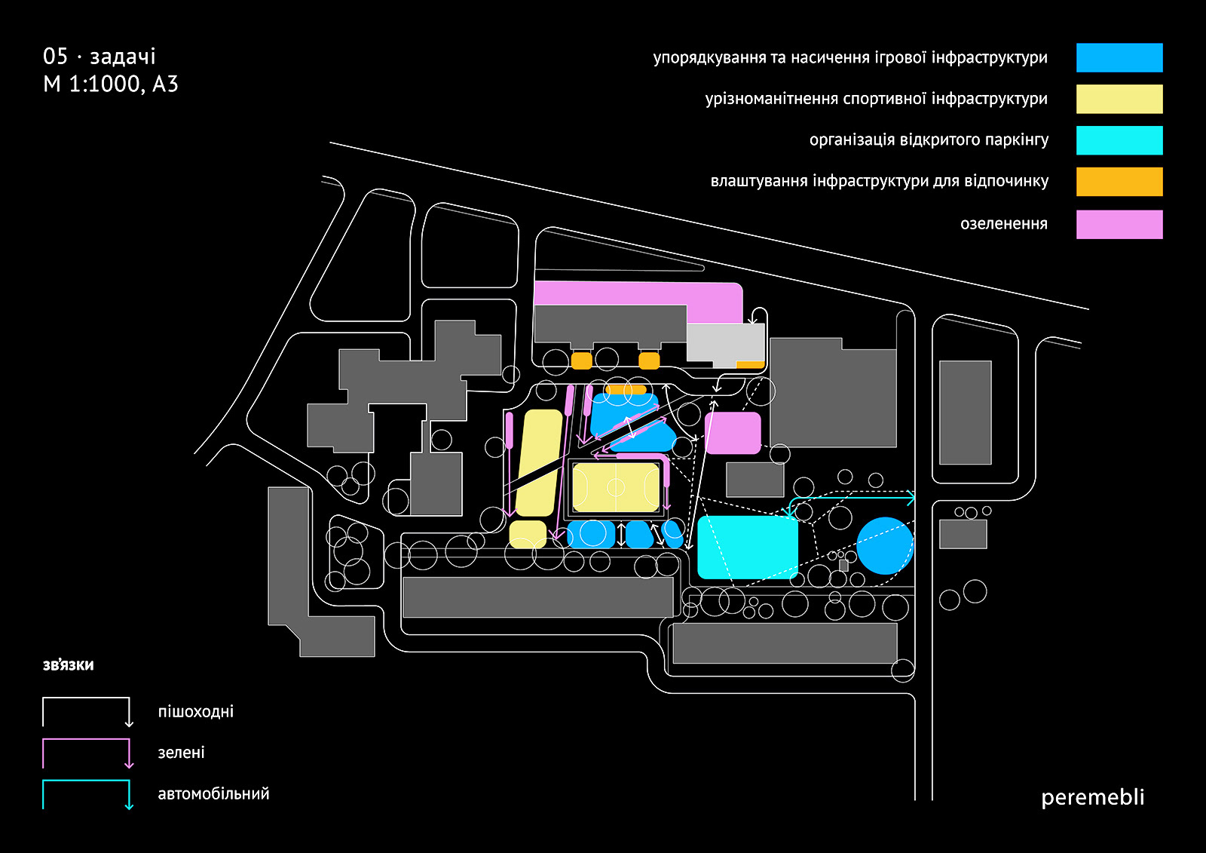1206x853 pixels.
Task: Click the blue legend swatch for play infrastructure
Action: pyautogui.click(x=1119, y=58)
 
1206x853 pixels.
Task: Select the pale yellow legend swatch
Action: pyautogui.click(x=1119, y=99)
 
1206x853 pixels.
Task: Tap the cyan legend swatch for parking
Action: pyautogui.click(x=1119, y=140)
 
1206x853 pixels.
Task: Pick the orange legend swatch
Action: pyautogui.click(x=1119, y=182)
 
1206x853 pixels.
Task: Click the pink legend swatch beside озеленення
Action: pyautogui.click(x=1119, y=225)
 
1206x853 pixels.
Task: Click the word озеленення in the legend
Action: pyautogui.click(x=1003, y=224)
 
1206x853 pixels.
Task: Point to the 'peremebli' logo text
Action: pyautogui.click(x=1092, y=797)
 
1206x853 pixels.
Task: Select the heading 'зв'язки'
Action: pyautogui.click(x=69, y=665)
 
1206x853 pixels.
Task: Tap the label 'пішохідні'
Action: pyautogui.click(x=196, y=712)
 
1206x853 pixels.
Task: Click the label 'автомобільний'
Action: pyautogui.click(x=213, y=794)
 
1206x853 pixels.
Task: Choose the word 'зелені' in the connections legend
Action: pyautogui.click(x=181, y=753)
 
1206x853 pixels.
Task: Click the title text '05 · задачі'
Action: pyautogui.click(x=99, y=57)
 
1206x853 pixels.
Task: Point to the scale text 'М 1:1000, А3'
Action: pyautogui.click(x=111, y=84)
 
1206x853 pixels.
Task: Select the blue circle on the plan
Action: pyautogui.click(x=885, y=546)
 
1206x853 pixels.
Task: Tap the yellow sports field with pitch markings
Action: pyautogui.click(x=616, y=487)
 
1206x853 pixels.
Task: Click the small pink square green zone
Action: pyautogui.click(x=733, y=433)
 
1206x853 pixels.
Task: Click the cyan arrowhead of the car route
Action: pyautogui.click(x=911, y=498)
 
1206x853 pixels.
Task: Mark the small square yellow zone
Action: pyautogui.click(x=528, y=534)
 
